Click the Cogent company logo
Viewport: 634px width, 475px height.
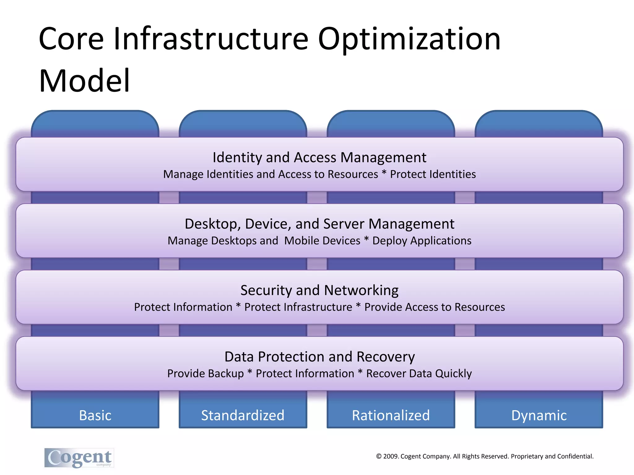click(79, 458)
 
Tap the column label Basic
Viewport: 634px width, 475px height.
click(95, 415)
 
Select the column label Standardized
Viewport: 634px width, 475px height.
click(243, 415)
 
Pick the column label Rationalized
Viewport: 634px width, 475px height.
click(391, 415)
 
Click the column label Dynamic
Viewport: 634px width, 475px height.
click(539, 415)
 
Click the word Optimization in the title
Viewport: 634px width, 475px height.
click(409, 39)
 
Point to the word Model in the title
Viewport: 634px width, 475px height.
click(84, 81)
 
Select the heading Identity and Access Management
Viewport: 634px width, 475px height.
click(319, 157)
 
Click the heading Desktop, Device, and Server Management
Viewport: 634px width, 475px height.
click(319, 224)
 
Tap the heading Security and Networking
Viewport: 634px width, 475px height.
click(319, 290)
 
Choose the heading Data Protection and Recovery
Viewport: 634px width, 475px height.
click(319, 357)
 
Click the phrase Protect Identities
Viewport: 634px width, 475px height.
click(433, 174)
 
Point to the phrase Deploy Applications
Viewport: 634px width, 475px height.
click(422, 241)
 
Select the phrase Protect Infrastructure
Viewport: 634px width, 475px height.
click(298, 307)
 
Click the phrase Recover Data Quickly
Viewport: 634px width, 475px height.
click(419, 374)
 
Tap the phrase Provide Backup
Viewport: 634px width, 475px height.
click(206, 374)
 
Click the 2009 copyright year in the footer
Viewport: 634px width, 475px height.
click(391, 456)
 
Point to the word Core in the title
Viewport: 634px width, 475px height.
click(71, 39)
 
